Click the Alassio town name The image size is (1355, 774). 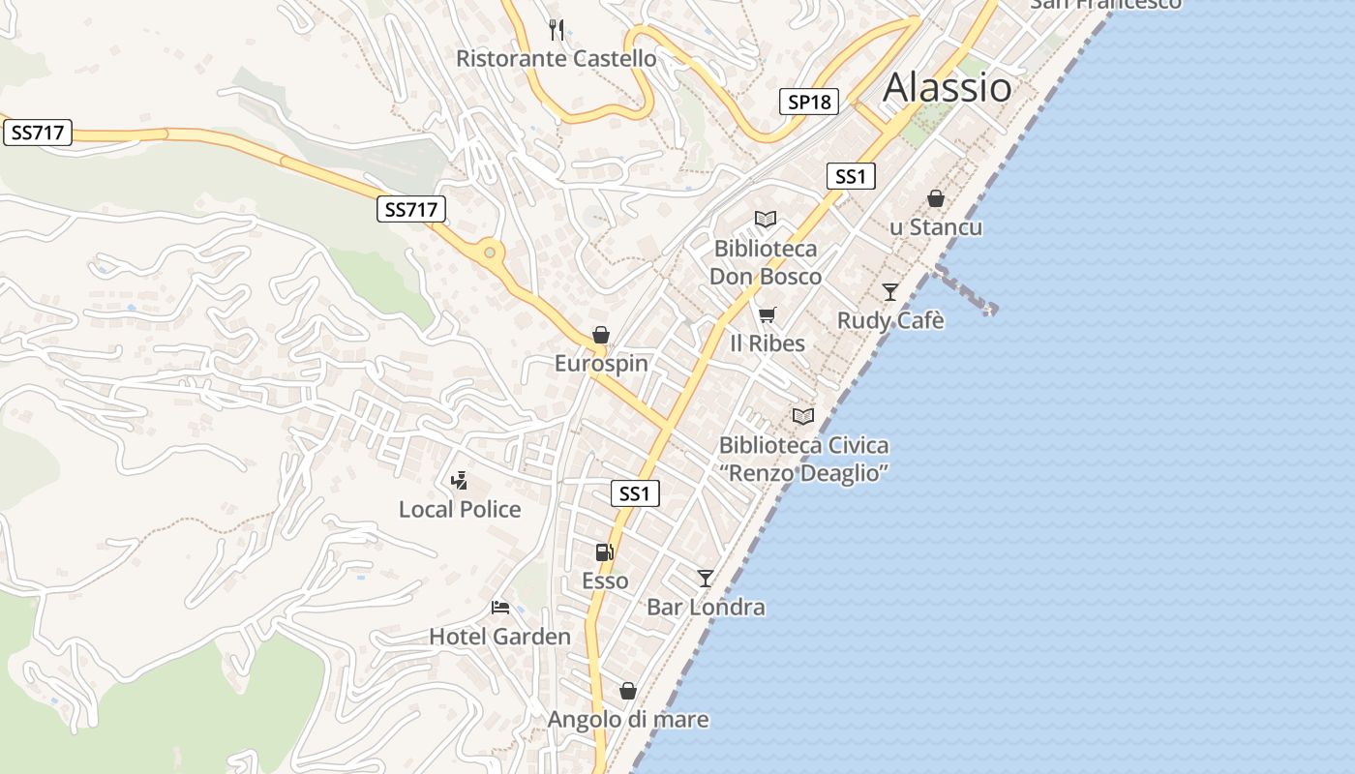pyautogui.click(x=948, y=88)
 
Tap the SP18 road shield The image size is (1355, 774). pyautogui.click(x=808, y=102)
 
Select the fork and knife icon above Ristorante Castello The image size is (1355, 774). pyautogui.click(x=556, y=30)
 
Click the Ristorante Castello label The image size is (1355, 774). pyautogui.click(x=556, y=59)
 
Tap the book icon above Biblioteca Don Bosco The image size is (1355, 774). pyautogui.click(x=766, y=220)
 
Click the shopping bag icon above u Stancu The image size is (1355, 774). pyautogui.click(x=936, y=198)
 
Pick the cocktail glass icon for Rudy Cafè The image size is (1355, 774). pyautogui.click(x=890, y=291)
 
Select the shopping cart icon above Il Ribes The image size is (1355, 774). pyautogui.click(x=768, y=314)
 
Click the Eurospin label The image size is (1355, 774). pyautogui.click(x=601, y=364)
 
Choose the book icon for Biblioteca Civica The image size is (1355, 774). pyautogui.click(x=803, y=416)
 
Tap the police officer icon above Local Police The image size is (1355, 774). pyautogui.click(x=460, y=480)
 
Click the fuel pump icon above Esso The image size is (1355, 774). pyautogui.click(x=605, y=552)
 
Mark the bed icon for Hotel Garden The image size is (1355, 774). pyautogui.click(x=500, y=608)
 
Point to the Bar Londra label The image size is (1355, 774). pyautogui.click(x=706, y=608)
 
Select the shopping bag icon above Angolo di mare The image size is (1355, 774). pyautogui.click(x=628, y=691)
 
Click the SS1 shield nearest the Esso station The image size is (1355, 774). pyautogui.click(x=635, y=493)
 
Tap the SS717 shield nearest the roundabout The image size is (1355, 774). pyautogui.click(x=410, y=209)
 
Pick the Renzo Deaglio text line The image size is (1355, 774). pyautogui.click(x=803, y=474)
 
